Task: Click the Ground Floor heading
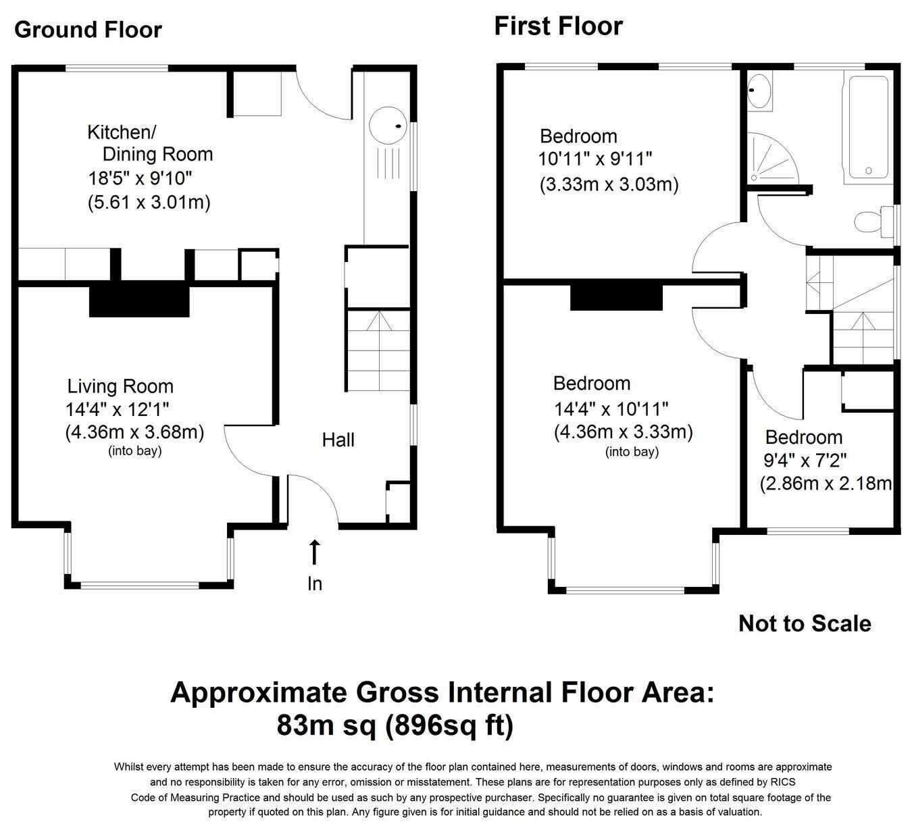88,30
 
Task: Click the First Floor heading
558,26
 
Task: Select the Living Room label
120,386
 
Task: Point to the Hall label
338,440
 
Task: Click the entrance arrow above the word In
315,552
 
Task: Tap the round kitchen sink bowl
388,126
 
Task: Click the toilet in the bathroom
875,222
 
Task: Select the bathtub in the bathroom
868,127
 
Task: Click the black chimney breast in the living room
139,299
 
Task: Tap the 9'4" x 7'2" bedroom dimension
805,461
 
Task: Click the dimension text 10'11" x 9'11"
595,159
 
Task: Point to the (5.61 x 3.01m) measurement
149,202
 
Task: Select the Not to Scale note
805,623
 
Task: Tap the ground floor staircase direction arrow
379,321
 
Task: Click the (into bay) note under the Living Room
135,451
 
